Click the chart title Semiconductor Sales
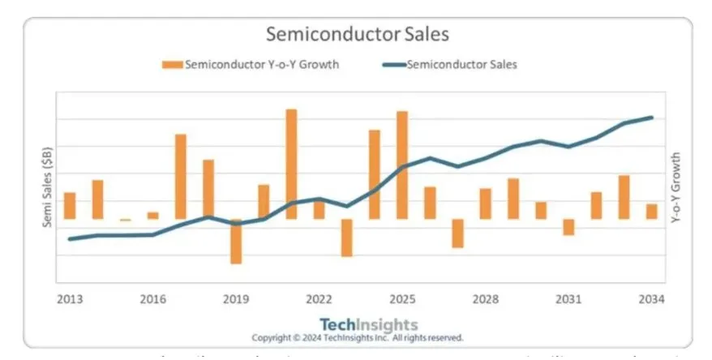357,35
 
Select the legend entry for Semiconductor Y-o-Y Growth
251,65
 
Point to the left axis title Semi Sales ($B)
48,187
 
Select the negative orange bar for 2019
236,241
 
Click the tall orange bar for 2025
401,165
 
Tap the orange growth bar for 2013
70,205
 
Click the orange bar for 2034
651,211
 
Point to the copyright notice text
357,337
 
